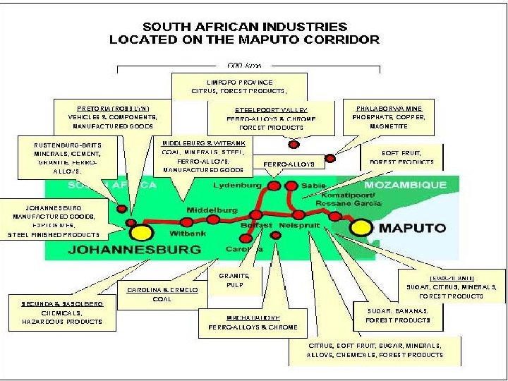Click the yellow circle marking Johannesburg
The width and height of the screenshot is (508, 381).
(x=141, y=232)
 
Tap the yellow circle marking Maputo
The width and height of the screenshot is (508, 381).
(x=361, y=227)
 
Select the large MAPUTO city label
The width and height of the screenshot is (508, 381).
(x=413, y=228)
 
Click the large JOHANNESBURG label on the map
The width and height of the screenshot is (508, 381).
(x=134, y=249)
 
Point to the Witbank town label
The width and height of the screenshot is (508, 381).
(x=188, y=233)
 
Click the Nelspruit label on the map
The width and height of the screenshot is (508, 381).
(x=299, y=225)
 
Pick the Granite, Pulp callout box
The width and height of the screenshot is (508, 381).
(x=229, y=282)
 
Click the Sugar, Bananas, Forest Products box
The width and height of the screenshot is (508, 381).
(x=398, y=315)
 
